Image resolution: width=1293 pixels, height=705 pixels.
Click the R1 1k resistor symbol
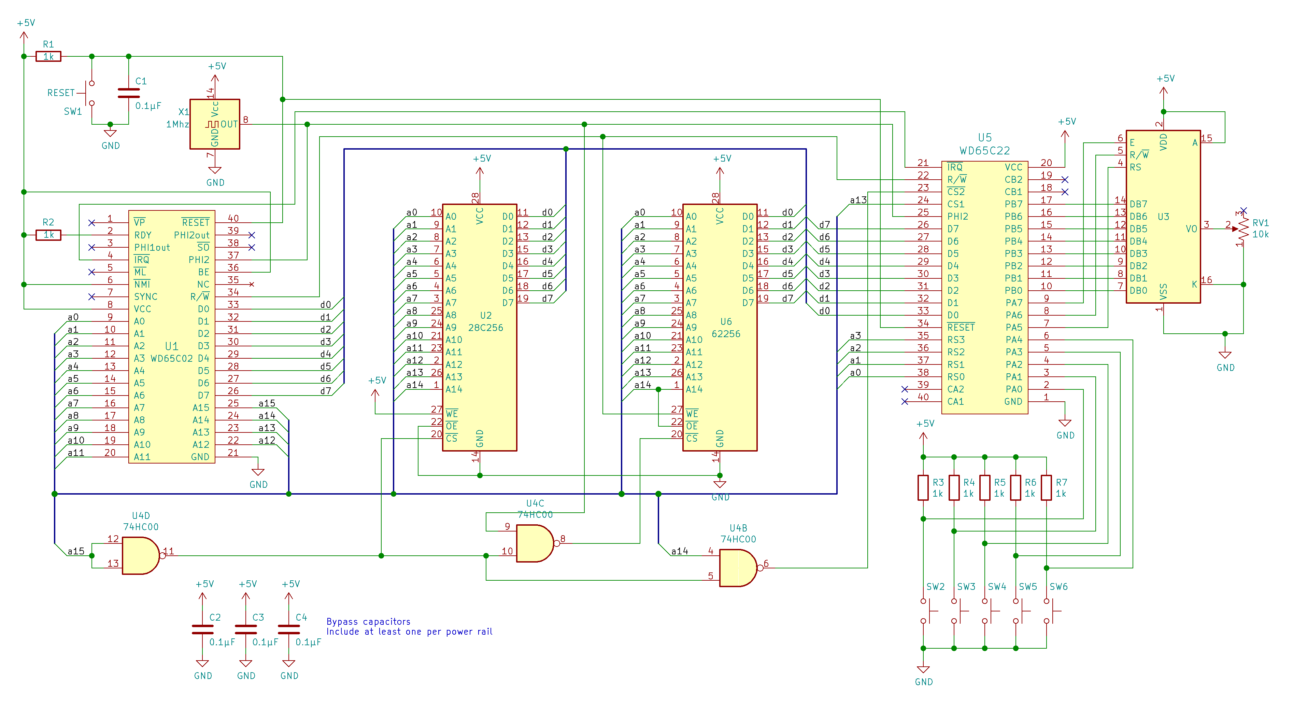click(48, 56)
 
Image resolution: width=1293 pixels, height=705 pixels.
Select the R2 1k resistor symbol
click(48, 235)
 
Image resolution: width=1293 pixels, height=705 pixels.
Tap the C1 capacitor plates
click(128, 93)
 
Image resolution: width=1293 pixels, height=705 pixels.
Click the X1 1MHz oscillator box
click(214, 124)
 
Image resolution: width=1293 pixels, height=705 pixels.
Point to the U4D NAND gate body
click(140, 555)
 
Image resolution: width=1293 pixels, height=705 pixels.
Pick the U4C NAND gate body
click(534, 543)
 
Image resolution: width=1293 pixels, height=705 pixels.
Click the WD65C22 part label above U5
click(984, 151)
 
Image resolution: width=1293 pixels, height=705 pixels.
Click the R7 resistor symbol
click(1046, 487)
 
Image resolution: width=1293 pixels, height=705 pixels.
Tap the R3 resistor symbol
click(923, 487)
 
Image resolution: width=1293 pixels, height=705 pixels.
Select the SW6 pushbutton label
click(1058, 586)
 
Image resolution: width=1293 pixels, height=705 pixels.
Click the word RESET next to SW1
click(61, 93)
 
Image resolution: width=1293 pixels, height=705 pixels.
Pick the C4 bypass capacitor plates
click(289, 629)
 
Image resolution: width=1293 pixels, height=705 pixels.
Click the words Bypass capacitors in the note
click(368, 622)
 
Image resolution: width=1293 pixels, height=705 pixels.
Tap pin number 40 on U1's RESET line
click(233, 218)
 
